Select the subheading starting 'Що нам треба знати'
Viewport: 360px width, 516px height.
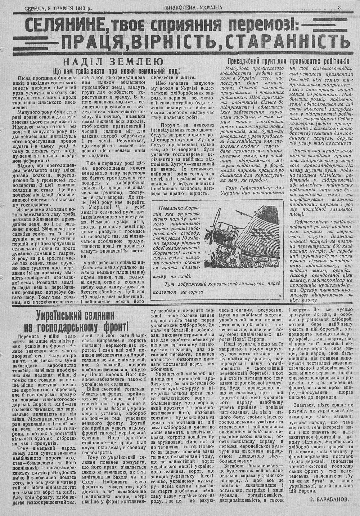116,71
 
